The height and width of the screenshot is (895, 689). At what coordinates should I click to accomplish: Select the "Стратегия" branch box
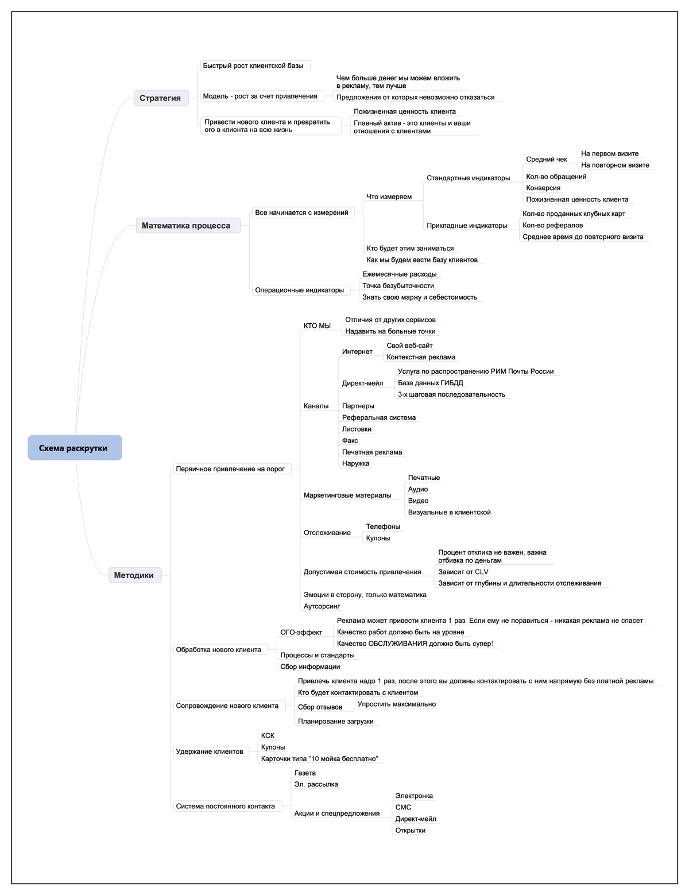point(161,98)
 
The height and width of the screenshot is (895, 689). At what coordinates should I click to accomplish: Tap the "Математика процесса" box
point(188,225)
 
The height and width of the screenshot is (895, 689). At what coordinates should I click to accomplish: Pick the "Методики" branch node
point(135,575)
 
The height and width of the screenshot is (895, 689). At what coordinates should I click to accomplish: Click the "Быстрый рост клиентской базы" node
point(255,65)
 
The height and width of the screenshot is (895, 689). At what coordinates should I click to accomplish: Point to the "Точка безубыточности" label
point(398,285)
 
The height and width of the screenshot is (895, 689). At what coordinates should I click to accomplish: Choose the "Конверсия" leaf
point(543,188)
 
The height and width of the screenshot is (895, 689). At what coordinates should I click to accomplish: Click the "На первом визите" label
point(610,154)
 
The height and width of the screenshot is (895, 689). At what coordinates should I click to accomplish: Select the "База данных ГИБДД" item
point(430,383)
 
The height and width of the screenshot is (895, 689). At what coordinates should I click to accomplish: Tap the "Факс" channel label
point(350,440)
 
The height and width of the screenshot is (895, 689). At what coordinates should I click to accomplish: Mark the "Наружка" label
point(355,463)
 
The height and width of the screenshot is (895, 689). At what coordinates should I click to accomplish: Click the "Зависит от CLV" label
point(463,572)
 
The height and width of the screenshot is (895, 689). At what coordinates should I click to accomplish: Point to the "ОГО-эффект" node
point(301,632)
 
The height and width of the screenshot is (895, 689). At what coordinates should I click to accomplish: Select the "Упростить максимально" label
point(396,704)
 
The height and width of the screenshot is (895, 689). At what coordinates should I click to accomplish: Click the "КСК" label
point(268,735)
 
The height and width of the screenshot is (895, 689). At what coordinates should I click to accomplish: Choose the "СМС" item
point(402,807)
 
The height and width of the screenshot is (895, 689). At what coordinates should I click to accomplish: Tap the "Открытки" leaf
point(410,830)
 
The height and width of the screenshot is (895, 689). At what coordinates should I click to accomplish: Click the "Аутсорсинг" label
point(322,606)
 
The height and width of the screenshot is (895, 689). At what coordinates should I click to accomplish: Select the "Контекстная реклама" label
point(420,357)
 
